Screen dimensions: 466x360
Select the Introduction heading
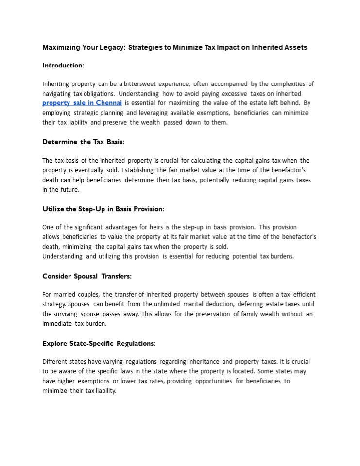(x=63, y=65)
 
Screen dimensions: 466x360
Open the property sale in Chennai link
(x=82, y=103)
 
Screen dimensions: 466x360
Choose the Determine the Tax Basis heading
(x=83, y=142)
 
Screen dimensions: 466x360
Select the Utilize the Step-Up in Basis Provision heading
(x=103, y=209)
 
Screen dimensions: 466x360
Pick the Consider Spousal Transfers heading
(x=87, y=276)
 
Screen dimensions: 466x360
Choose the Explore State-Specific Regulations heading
(x=99, y=343)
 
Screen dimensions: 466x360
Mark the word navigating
(x=57, y=94)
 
